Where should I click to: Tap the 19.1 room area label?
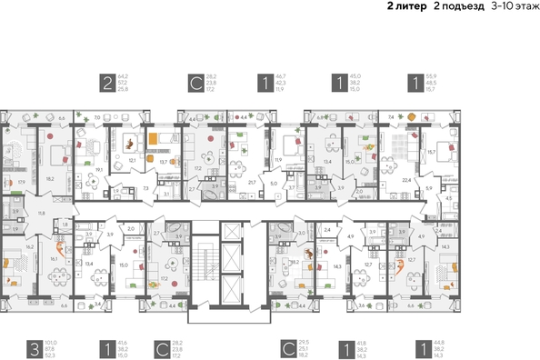pos(98,169)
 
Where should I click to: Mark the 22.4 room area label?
pos(407,180)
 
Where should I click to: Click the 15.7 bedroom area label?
pos(433,152)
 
